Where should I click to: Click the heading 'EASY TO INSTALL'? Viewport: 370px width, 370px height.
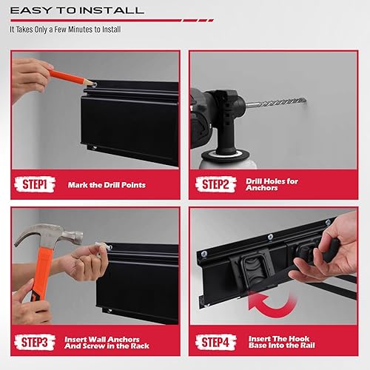tap(77, 11)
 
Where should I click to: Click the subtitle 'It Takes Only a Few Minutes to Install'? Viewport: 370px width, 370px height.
tap(66, 30)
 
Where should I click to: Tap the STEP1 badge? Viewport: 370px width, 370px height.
tap(34, 184)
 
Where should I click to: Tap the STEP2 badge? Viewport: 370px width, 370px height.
tap(215, 184)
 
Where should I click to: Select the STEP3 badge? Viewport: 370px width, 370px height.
tap(34, 342)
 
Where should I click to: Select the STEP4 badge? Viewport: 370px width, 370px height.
tap(215, 342)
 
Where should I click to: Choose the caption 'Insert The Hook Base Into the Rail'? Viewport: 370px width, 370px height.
tap(281, 342)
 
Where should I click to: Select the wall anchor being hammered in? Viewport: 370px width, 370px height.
tap(103, 246)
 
